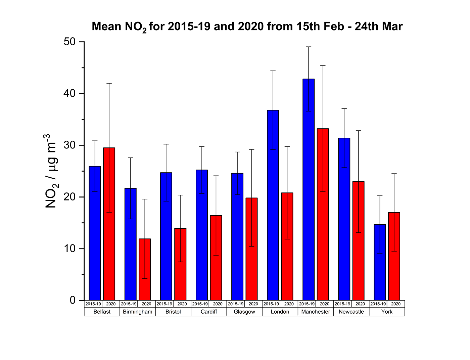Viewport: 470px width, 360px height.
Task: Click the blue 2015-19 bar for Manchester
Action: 309,190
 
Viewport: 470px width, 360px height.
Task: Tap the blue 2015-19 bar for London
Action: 273,205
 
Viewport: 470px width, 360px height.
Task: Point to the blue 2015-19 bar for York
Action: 380,262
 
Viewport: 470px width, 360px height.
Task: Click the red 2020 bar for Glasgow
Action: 251,249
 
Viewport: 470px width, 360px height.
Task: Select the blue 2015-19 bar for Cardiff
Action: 202,235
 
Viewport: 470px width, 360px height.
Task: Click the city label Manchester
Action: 316,312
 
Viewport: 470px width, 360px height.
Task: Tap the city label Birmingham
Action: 138,312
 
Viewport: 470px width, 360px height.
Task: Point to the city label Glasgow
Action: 244,312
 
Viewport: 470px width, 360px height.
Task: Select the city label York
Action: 387,312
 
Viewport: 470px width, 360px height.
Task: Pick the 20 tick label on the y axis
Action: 69,197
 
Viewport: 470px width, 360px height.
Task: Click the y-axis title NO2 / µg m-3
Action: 51,171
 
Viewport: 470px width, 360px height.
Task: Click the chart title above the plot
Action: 247,27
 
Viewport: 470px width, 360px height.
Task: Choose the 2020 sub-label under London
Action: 289,304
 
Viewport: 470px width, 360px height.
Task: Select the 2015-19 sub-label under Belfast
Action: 93,304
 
